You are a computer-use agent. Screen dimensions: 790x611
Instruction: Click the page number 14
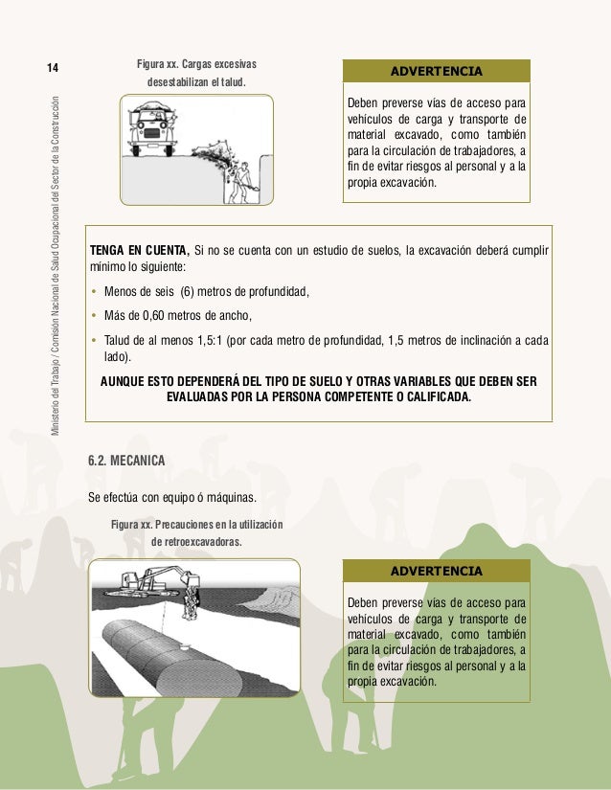coord(54,68)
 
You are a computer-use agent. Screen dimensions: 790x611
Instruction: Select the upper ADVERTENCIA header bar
coord(436,72)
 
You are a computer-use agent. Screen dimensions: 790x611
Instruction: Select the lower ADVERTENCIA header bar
coord(436,572)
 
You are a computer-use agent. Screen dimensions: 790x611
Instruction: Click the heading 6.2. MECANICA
coord(126,461)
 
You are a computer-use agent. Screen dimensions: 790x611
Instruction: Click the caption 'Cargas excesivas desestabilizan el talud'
coord(196,73)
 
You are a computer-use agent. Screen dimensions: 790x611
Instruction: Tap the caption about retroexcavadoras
coord(196,532)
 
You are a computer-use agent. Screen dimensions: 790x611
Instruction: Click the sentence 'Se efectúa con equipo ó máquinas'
coord(172,497)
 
